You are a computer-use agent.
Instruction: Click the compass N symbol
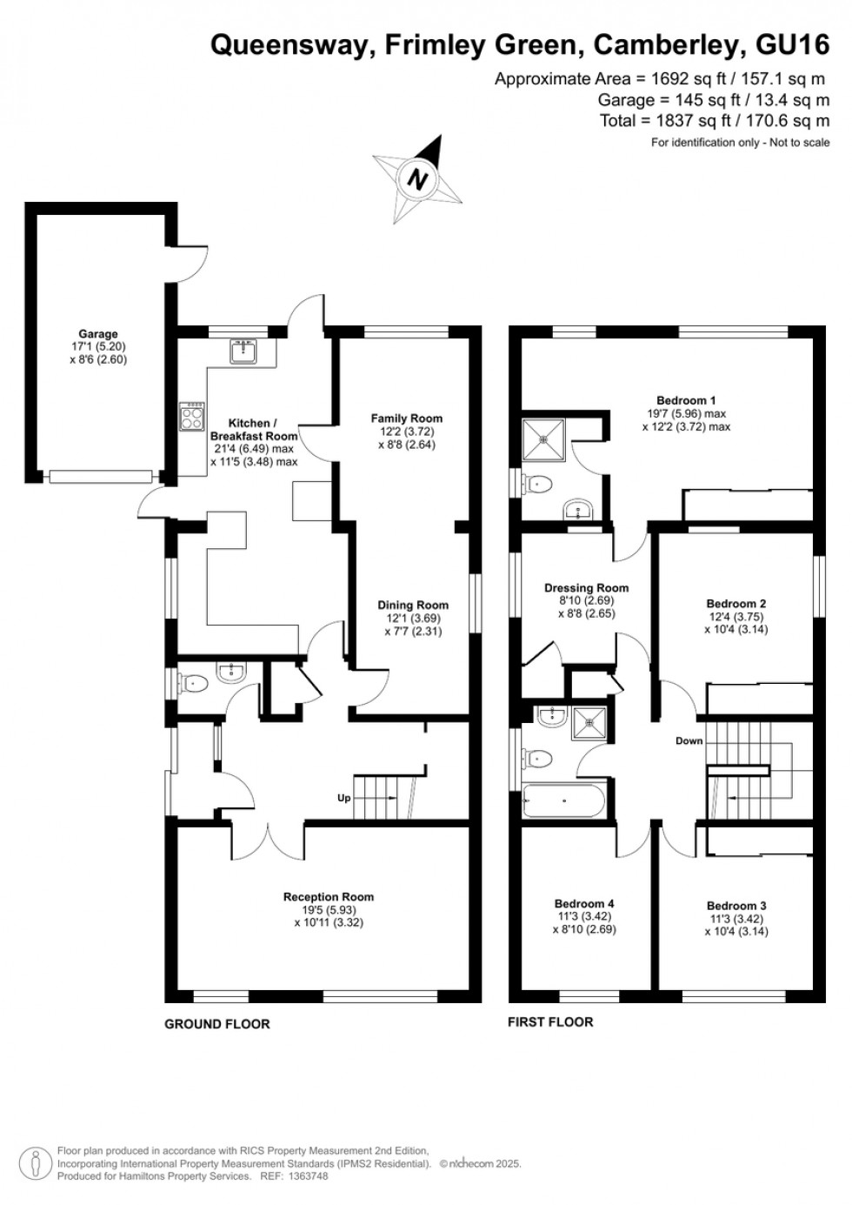[419, 180]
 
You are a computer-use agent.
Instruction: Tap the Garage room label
[98, 334]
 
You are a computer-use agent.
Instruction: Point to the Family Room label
[407, 418]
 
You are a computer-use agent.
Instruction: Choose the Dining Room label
[413, 606]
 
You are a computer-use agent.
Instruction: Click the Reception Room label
[329, 897]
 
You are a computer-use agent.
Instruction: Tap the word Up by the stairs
[344, 798]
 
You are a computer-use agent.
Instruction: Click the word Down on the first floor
[689, 741]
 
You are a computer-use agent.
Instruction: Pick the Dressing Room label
[587, 588]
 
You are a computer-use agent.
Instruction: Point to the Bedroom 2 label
[736, 604]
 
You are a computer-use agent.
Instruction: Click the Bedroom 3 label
[736, 906]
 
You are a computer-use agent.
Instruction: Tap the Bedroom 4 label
[584, 904]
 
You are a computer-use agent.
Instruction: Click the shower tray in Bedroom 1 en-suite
[543, 438]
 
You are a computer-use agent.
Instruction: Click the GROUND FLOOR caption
[217, 1024]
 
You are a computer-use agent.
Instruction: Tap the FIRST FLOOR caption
[550, 1022]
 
